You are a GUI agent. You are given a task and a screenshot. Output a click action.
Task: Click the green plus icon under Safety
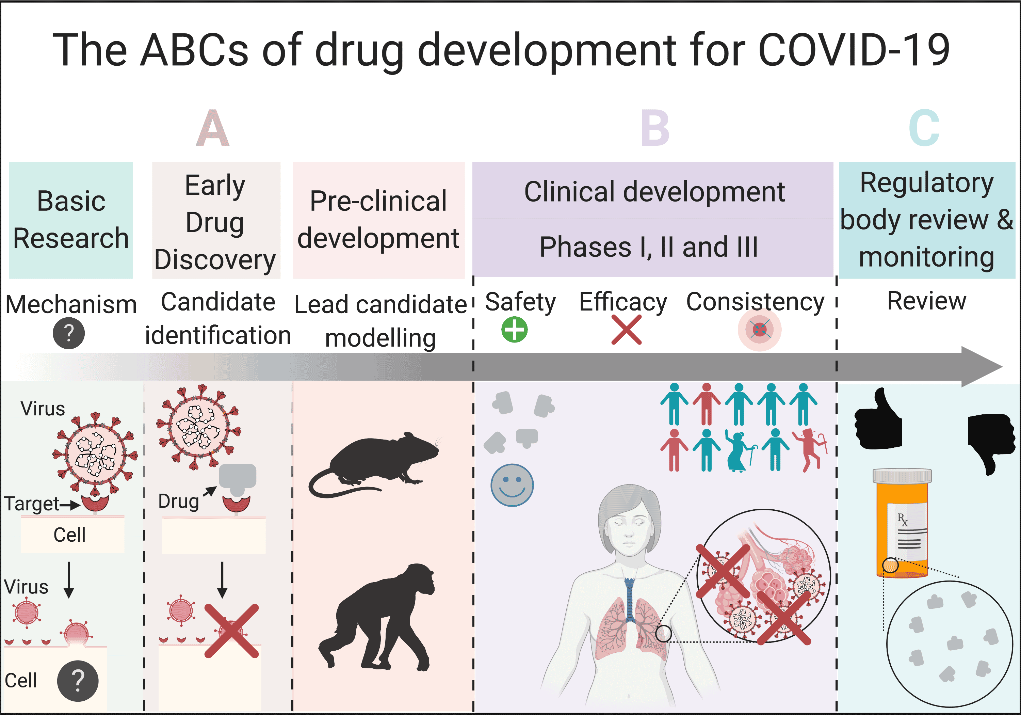(515, 330)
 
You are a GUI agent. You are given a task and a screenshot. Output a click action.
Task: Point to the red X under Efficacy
(627, 330)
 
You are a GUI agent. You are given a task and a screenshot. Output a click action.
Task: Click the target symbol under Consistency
(760, 330)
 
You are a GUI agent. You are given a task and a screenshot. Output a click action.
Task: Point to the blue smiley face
(512, 486)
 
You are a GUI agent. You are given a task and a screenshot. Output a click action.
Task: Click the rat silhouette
(374, 465)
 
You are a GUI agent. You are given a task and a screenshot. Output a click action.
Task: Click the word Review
(927, 301)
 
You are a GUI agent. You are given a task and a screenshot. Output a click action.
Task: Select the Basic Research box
(71, 220)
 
